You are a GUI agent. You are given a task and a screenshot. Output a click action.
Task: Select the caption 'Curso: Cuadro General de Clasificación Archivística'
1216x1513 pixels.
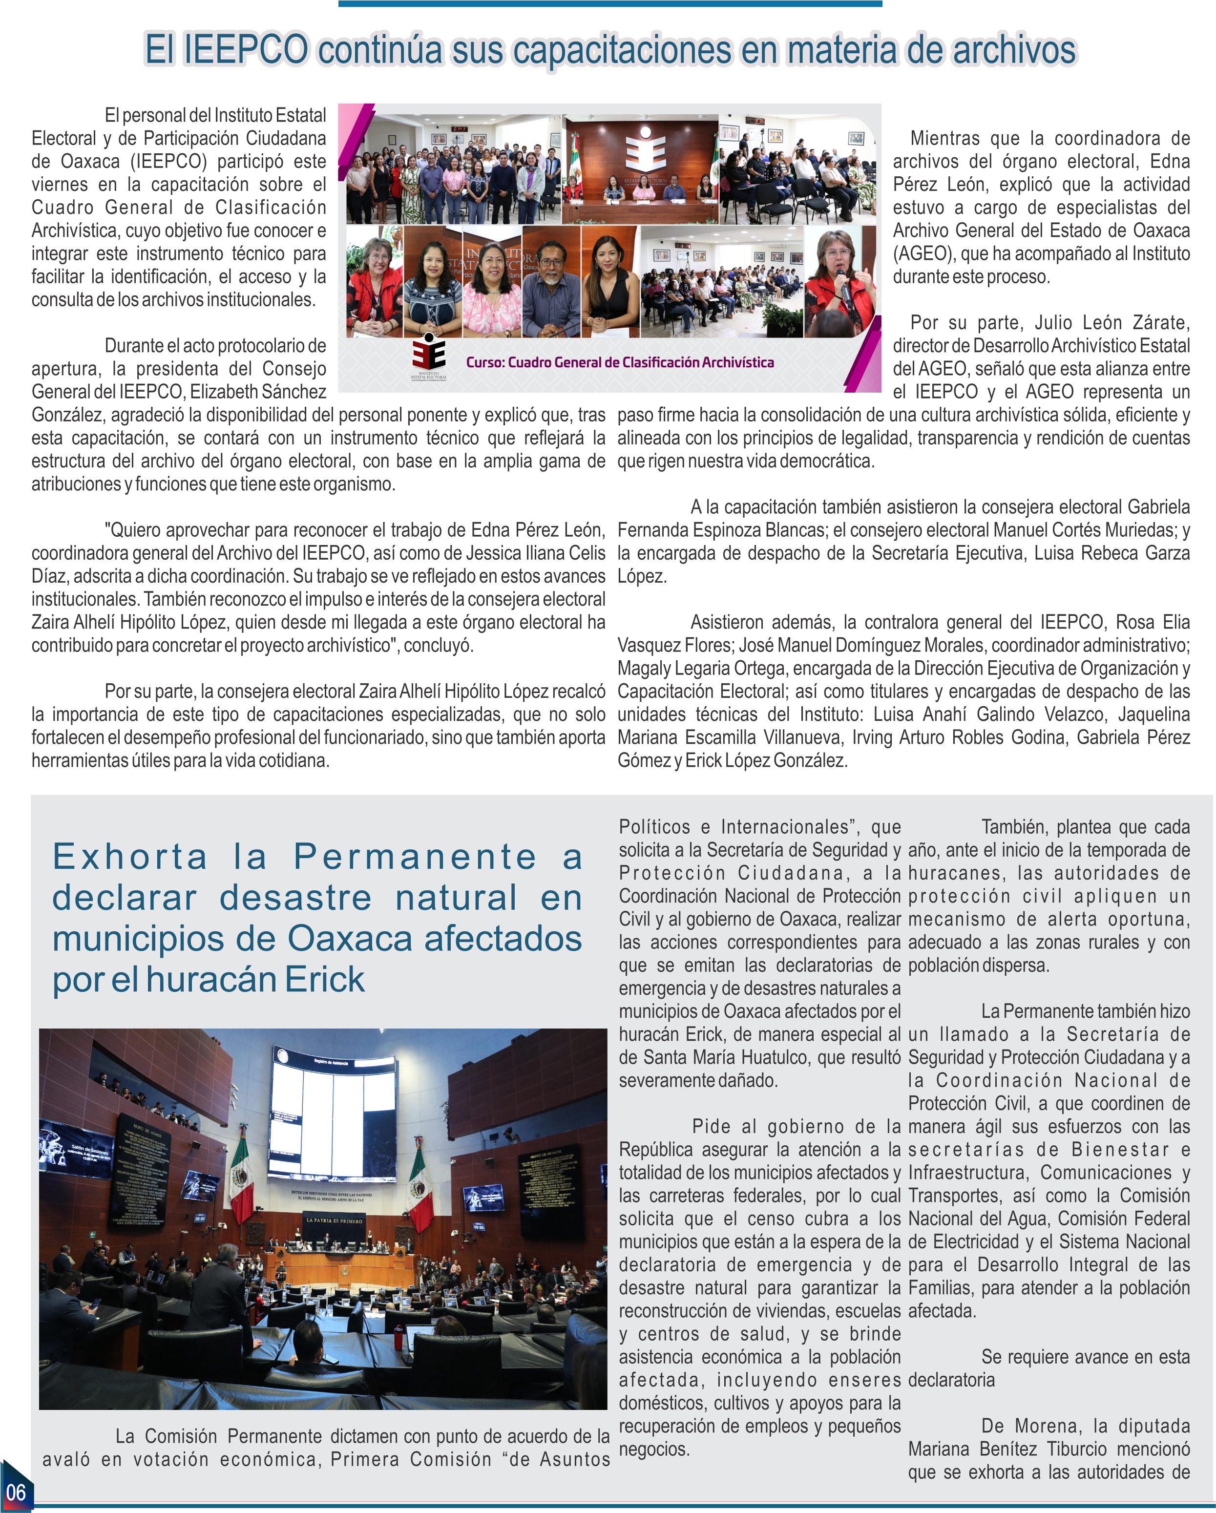(620, 362)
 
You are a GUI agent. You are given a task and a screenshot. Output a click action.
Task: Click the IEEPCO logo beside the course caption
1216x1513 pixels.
(429, 357)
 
